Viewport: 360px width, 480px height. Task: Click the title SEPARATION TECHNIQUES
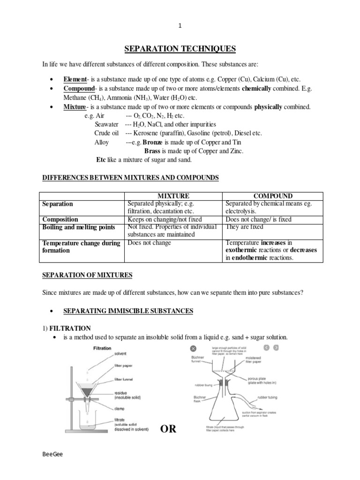click(x=180, y=49)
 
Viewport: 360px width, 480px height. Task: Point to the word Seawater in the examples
click(x=106, y=124)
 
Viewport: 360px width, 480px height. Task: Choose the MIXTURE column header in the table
click(x=173, y=196)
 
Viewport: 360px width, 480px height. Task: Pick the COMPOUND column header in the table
click(x=273, y=196)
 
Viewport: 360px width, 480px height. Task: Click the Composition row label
click(x=60, y=219)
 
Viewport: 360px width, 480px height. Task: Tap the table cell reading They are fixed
click(x=244, y=227)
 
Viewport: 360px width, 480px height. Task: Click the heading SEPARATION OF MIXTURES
click(x=87, y=275)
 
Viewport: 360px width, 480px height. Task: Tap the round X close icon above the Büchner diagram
click(x=193, y=348)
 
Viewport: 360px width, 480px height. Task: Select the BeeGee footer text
click(x=52, y=461)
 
